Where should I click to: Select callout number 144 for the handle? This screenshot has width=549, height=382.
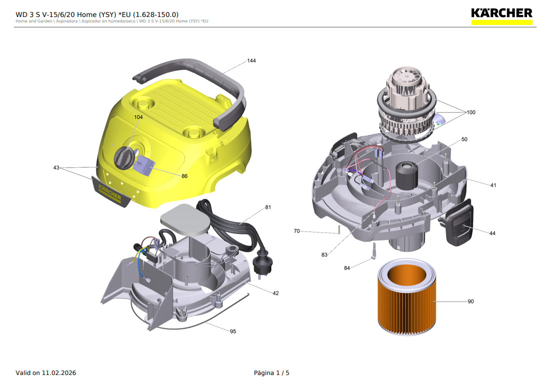tap(251, 61)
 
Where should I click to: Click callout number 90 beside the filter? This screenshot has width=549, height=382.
tap(471, 301)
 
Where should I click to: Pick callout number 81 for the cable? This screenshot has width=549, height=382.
tap(268, 207)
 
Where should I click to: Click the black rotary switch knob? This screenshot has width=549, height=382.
tap(123, 159)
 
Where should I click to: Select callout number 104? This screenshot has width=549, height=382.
tap(138, 117)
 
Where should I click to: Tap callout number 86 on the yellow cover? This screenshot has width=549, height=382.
tap(184, 176)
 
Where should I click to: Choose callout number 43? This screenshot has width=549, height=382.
tap(56, 167)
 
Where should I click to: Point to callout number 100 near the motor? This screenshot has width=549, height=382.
tap(471, 112)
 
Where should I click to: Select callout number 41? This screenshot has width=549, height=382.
tap(493, 185)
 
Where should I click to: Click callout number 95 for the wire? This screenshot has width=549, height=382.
tap(233, 331)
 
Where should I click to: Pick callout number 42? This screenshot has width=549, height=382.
tap(275, 293)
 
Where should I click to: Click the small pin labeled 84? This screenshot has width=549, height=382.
tap(373, 251)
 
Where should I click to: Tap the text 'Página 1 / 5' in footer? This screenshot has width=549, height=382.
tap(271, 373)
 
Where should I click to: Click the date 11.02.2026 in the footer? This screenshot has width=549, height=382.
tap(59, 373)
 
